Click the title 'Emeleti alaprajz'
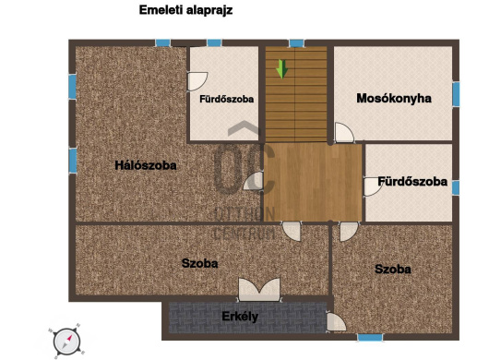point(185,10)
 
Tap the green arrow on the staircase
point(282,69)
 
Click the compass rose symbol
point(66,342)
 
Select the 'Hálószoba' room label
point(146,165)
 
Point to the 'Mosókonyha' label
point(394,98)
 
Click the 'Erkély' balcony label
point(240,317)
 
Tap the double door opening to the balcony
point(259,290)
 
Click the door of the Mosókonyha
point(344,133)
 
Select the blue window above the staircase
point(296,43)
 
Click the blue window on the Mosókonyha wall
point(456,94)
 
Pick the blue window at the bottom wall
point(370,337)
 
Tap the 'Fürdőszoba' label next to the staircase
point(226,99)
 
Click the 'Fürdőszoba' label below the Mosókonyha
point(412,182)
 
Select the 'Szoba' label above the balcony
point(199,263)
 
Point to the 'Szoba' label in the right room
point(393,269)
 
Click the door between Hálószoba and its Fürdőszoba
point(197,82)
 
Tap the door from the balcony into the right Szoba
point(336,322)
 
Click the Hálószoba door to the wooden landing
point(253,181)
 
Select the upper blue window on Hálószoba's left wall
point(72,87)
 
